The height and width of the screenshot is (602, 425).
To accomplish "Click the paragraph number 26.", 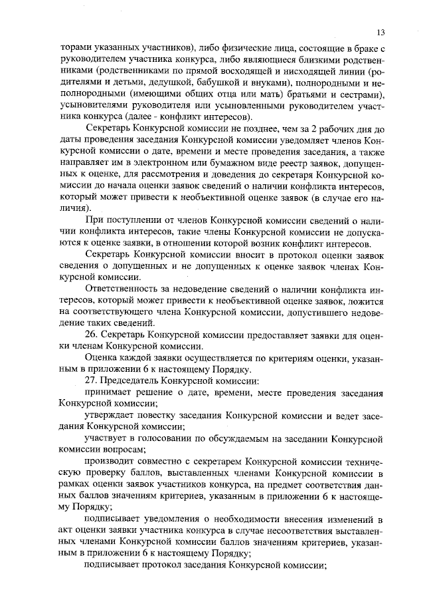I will [91, 335].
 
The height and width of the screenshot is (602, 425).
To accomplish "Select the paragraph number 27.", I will [91, 380].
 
